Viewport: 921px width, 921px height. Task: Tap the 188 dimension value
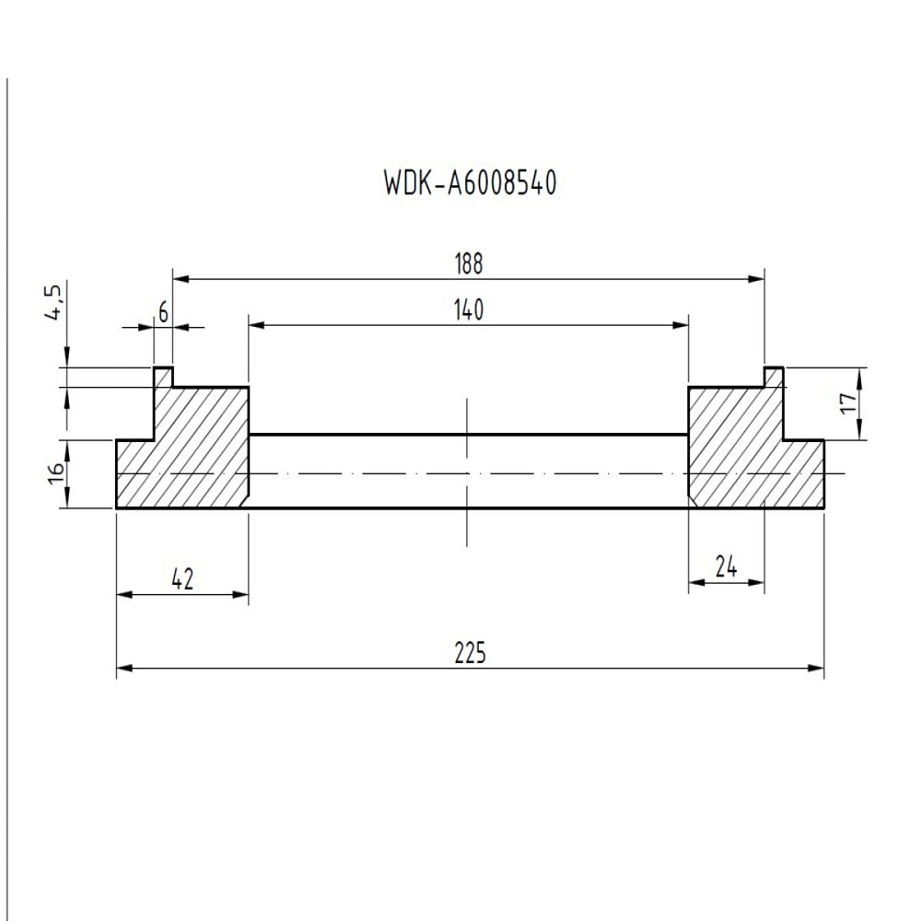(468, 264)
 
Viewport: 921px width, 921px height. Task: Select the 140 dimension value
(468, 311)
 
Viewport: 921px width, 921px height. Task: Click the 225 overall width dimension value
(469, 654)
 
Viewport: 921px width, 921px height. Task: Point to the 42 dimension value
(182, 579)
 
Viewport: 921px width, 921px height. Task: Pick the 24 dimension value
(726, 567)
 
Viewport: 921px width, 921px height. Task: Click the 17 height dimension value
(847, 402)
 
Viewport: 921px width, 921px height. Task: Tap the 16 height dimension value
(55, 473)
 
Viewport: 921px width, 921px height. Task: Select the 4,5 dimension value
(54, 303)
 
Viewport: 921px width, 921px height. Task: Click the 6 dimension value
(163, 313)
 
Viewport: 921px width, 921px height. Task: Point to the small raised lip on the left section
(163, 377)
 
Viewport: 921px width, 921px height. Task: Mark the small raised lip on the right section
(774, 377)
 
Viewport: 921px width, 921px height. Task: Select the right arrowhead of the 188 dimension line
(758, 277)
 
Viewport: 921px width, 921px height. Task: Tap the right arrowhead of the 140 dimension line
(682, 324)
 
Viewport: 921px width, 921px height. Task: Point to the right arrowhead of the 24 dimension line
(758, 582)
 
